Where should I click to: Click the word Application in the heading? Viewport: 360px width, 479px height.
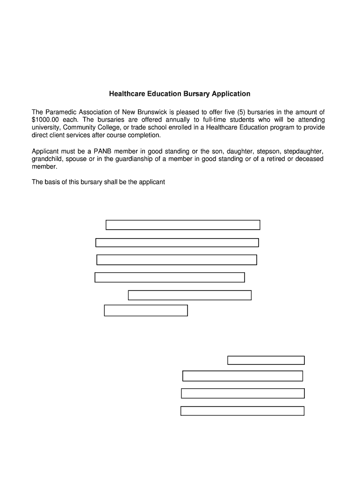click(231, 94)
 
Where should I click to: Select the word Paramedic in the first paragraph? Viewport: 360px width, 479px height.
click(61, 112)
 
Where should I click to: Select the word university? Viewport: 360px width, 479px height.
click(45, 127)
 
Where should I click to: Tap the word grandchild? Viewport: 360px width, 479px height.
click(47, 159)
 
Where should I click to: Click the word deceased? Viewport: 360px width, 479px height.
click(307, 159)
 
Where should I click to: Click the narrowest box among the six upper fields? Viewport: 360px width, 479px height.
click(146, 311)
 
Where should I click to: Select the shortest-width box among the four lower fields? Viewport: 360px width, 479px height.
click(266, 360)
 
